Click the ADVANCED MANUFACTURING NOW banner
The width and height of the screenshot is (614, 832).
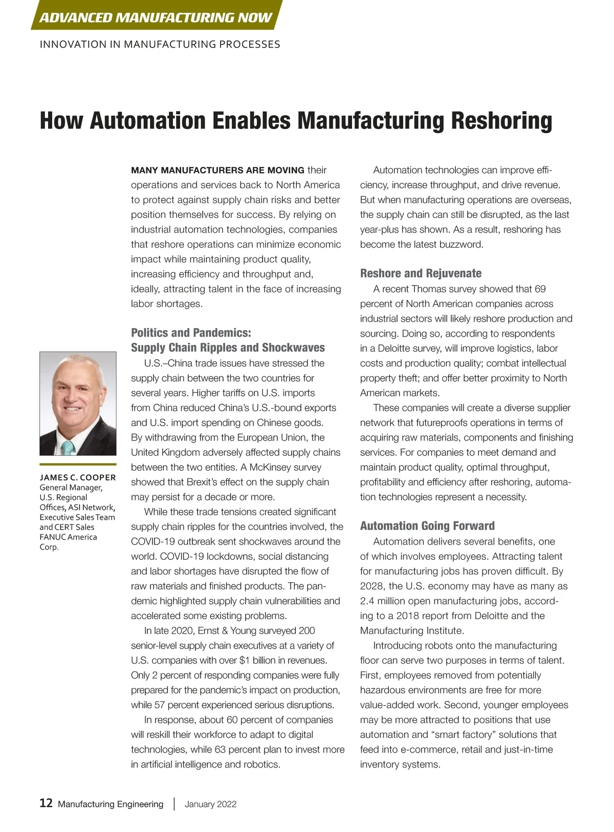click(x=156, y=17)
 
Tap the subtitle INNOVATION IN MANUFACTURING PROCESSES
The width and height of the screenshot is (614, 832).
click(x=160, y=45)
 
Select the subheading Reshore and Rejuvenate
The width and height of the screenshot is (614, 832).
click(x=421, y=273)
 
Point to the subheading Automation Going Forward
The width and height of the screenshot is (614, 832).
click(x=427, y=526)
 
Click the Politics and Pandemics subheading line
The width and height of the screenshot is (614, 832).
click(x=191, y=333)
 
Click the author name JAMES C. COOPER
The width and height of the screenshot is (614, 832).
click(x=78, y=477)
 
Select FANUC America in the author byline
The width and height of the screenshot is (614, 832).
click(x=68, y=537)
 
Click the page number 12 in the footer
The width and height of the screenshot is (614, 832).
click(x=46, y=803)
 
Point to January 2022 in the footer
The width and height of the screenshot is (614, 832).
click(x=210, y=804)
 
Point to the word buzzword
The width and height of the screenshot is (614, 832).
click(x=463, y=245)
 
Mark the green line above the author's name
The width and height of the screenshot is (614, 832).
click(x=78, y=465)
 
